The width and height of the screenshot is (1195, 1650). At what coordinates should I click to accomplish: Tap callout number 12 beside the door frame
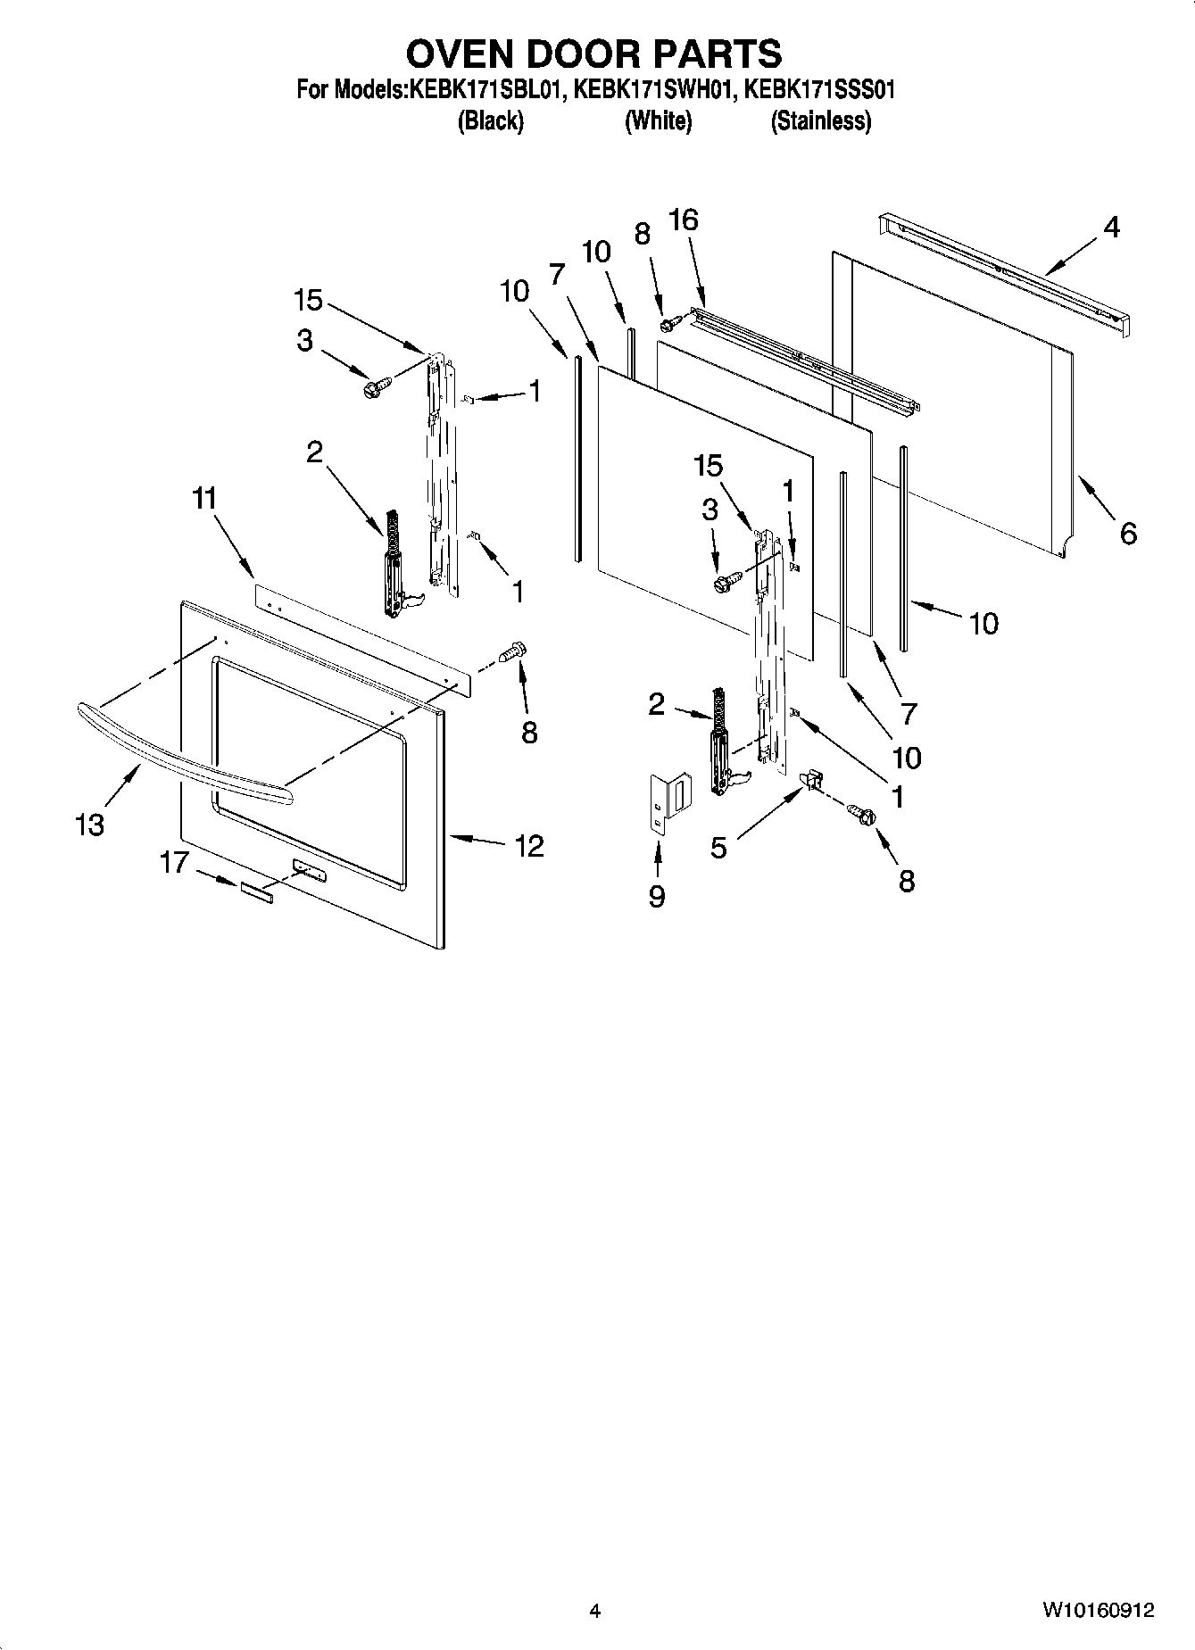[x=529, y=845]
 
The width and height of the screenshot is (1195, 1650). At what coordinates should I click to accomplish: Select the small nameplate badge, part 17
[x=255, y=893]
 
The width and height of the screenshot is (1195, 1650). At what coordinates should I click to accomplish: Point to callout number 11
[x=204, y=499]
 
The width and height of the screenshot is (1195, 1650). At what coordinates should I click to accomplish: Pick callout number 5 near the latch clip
[x=719, y=847]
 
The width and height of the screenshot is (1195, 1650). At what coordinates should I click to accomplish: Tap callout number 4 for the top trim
[x=1110, y=228]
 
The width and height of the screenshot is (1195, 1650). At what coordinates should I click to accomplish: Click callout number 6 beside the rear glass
[x=1128, y=534]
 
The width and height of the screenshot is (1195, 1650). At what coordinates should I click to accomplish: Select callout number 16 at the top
[x=684, y=220]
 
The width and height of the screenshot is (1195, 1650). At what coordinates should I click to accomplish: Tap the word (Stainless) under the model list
[x=820, y=120]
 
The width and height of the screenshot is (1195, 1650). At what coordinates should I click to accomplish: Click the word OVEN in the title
[x=460, y=54]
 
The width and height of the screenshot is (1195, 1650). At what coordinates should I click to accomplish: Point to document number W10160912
[x=1097, y=1611]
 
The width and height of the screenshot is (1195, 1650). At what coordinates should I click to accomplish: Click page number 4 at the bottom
[x=594, y=1611]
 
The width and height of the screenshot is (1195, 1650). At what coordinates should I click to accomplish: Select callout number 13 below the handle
[x=90, y=825]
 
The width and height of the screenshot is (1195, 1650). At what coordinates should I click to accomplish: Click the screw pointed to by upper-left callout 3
[x=376, y=387]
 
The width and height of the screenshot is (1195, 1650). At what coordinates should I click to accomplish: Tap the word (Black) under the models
[x=490, y=120]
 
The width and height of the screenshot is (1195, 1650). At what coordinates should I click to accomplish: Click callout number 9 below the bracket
[x=657, y=895]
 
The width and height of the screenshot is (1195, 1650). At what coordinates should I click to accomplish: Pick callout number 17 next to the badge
[x=175, y=862]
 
